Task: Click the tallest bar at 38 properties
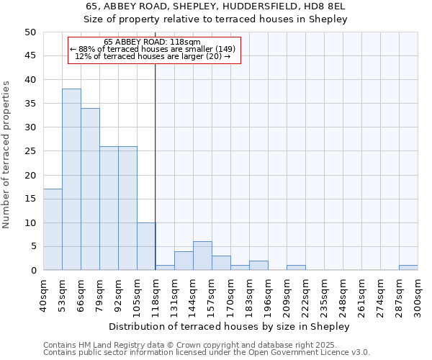71,179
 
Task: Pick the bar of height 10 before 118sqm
146,246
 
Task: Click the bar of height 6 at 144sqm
202,256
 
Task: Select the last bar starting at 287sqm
408,268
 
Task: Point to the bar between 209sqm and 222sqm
296,268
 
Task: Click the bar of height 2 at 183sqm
258,265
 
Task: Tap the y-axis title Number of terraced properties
6,154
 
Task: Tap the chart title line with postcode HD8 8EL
216,6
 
